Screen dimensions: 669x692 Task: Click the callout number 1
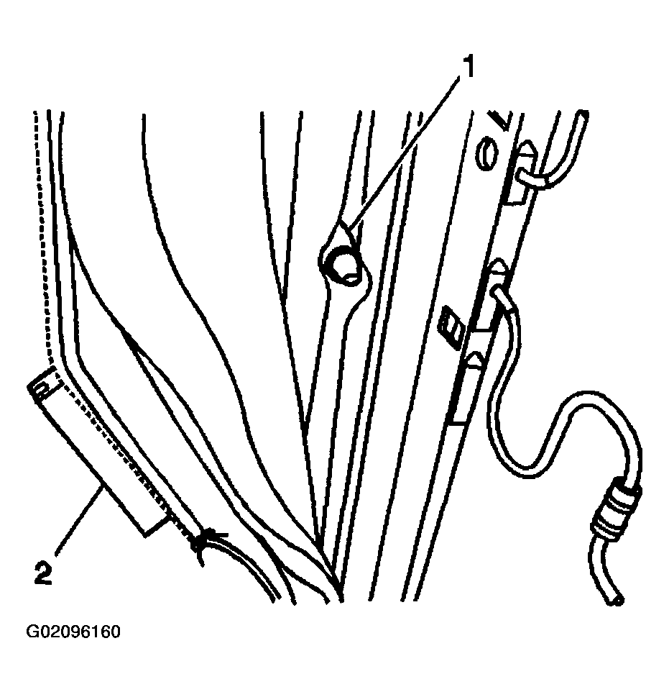[x=468, y=67]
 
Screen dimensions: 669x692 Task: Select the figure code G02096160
[x=73, y=632]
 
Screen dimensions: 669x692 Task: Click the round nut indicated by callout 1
[x=343, y=266]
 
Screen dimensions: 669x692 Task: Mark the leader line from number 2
[x=79, y=518]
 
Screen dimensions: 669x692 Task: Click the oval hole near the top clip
[x=486, y=155]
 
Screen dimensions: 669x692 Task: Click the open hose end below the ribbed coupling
[x=617, y=600]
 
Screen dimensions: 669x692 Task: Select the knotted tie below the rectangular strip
[x=200, y=542]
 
